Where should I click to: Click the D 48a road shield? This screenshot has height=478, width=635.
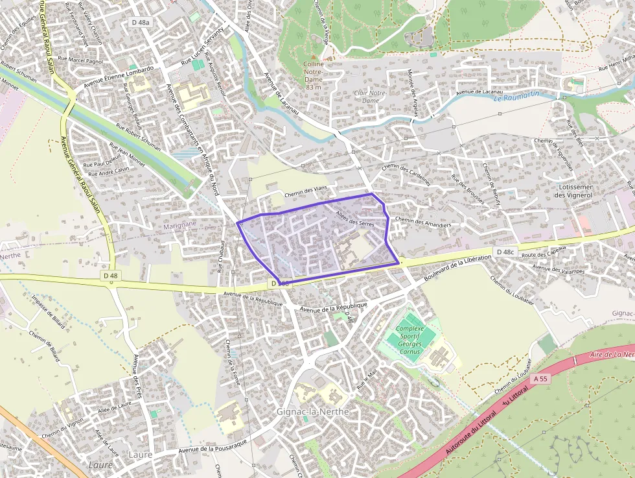[141, 22]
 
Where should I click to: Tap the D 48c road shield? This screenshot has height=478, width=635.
[504, 252]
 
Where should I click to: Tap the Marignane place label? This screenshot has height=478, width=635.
[179, 223]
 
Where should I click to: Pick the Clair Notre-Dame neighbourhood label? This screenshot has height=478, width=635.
[371, 97]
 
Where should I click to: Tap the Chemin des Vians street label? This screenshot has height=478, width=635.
[306, 189]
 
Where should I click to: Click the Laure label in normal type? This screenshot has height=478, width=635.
[140, 455]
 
